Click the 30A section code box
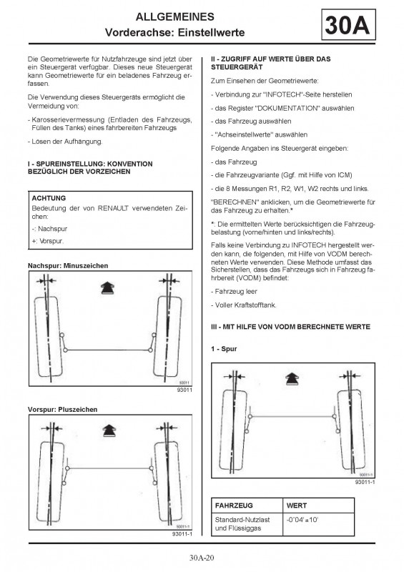click(x=348, y=25)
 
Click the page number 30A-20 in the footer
click(x=202, y=558)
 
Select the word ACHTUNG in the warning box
click(x=49, y=198)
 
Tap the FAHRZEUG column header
click(x=234, y=506)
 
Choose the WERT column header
click(x=297, y=506)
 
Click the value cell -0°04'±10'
click(x=302, y=520)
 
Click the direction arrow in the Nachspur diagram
click(x=107, y=288)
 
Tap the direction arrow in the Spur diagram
click(x=292, y=380)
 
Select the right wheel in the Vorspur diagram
click(x=168, y=481)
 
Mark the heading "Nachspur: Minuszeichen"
click(x=68, y=265)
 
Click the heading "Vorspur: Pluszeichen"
click(x=62, y=409)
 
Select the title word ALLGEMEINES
click(x=174, y=16)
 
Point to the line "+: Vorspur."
click(x=47, y=241)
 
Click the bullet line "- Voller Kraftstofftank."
click(x=243, y=305)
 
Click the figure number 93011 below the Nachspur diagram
click(x=184, y=390)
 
